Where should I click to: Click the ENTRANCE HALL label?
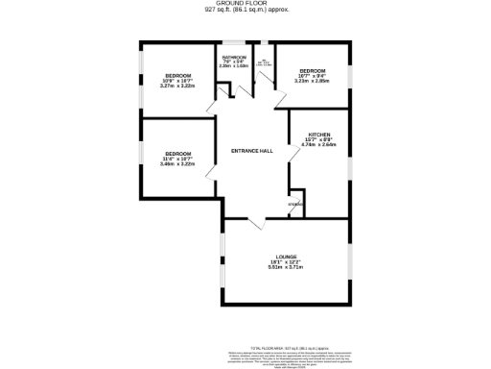(x=253, y=150)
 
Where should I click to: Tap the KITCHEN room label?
(x=319, y=134)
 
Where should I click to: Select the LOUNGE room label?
(x=285, y=255)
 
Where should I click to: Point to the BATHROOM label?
(x=234, y=57)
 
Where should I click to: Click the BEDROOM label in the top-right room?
(x=312, y=71)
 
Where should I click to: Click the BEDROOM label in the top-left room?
(x=177, y=75)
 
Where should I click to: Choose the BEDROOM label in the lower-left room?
(x=177, y=154)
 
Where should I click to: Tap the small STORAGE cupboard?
(x=296, y=205)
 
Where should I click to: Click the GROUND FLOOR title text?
(x=246, y=4)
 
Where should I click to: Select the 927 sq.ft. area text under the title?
(x=246, y=10)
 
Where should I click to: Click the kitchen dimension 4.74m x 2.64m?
(x=319, y=145)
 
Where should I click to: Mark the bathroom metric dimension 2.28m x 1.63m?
(x=234, y=66)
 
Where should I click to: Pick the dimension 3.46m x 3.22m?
(x=177, y=164)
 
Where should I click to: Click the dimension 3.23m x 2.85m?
(x=312, y=82)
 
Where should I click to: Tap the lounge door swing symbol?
(x=256, y=223)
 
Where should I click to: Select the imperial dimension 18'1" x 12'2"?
(x=285, y=260)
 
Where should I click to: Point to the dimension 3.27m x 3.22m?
(x=177, y=86)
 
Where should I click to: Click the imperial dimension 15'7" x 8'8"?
(x=319, y=139)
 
